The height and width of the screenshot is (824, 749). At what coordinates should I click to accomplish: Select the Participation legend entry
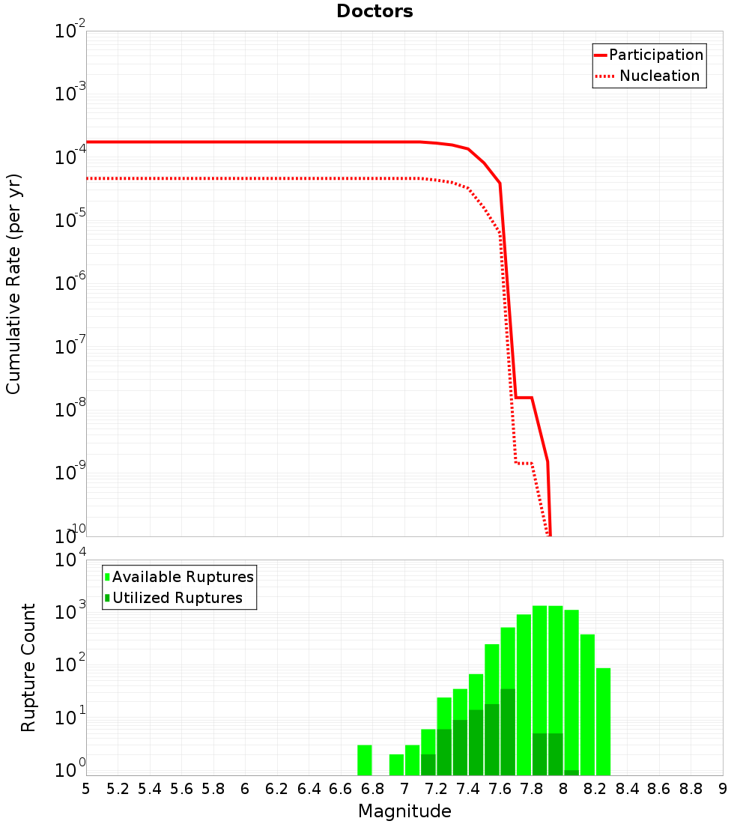click(649, 55)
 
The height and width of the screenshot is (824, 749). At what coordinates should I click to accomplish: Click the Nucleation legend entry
click(649, 76)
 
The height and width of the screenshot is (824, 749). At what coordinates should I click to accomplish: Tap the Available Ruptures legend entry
click(179, 577)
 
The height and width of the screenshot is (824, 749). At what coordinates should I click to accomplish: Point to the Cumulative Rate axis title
click(14, 283)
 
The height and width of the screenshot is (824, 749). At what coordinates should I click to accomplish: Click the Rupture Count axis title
click(28, 667)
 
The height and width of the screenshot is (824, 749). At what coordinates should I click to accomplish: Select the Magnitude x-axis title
click(404, 811)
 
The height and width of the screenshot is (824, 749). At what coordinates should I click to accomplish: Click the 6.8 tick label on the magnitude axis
click(372, 789)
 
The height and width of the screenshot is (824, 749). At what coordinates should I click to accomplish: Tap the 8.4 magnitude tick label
click(627, 789)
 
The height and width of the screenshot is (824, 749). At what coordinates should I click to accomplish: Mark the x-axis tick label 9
click(723, 789)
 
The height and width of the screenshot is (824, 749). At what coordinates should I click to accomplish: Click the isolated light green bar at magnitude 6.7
click(365, 760)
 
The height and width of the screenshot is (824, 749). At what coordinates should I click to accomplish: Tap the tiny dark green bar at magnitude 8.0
click(571, 772)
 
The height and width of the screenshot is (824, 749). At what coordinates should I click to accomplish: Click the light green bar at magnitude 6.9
click(396, 764)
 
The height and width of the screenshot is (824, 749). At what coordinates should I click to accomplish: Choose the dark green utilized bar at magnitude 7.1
click(428, 764)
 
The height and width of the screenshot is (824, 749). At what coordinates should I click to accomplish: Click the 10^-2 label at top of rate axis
click(70, 31)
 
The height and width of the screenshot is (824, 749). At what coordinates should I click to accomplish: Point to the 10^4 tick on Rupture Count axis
click(70, 560)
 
